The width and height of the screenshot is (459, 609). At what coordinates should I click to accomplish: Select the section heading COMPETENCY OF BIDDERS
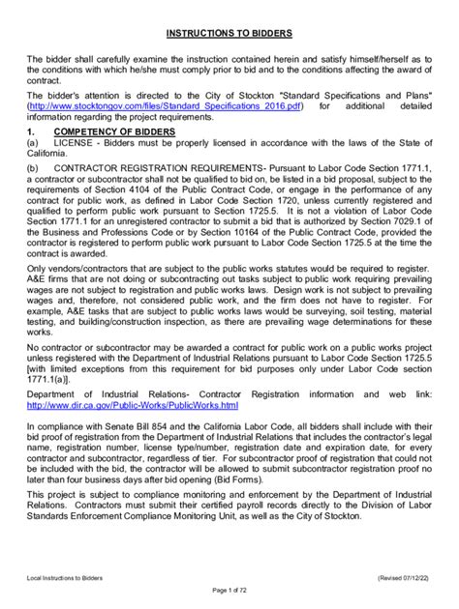pyautogui.click(x=115, y=130)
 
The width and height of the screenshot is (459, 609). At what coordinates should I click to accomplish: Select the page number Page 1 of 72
pyautogui.click(x=229, y=591)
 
